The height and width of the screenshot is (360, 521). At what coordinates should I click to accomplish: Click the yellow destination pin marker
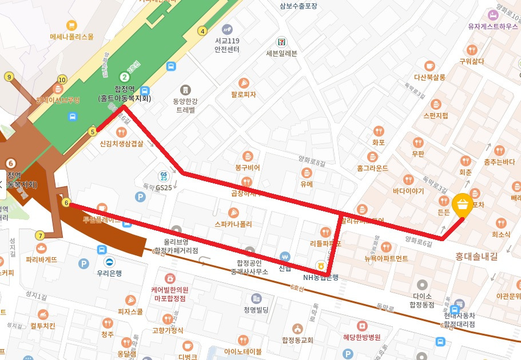point(462,205)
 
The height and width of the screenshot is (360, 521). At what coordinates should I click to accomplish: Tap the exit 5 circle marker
point(93,132)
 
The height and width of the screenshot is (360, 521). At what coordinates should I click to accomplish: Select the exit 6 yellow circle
point(66,203)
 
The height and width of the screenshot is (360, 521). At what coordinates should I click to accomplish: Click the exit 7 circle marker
point(39,235)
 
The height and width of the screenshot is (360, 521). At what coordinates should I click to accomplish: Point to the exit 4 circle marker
point(202,31)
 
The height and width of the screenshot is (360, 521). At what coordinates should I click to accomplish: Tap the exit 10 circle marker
point(62,79)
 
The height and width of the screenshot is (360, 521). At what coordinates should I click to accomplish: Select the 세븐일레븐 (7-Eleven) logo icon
point(281,42)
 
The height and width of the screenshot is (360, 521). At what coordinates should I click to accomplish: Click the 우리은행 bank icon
point(109,262)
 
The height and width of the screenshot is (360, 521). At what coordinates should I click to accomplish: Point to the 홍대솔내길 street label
point(476,257)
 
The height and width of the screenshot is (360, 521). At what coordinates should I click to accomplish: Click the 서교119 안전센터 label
point(227,45)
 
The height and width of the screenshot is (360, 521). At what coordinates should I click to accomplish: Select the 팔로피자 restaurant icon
point(244,83)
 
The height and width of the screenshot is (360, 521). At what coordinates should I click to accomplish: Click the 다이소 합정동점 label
point(423,301)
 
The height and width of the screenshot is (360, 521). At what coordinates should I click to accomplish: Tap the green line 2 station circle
point(124,77)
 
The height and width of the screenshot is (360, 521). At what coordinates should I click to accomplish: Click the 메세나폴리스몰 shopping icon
point(71,25)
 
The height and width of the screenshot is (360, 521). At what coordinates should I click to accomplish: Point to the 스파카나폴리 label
point(233,225)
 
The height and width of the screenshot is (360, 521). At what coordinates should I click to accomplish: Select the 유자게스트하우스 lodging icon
point(491,14)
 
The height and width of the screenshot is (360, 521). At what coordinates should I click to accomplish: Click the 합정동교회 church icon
point(297,329)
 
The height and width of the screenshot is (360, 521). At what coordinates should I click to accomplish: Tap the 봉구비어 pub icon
point(247,156)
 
